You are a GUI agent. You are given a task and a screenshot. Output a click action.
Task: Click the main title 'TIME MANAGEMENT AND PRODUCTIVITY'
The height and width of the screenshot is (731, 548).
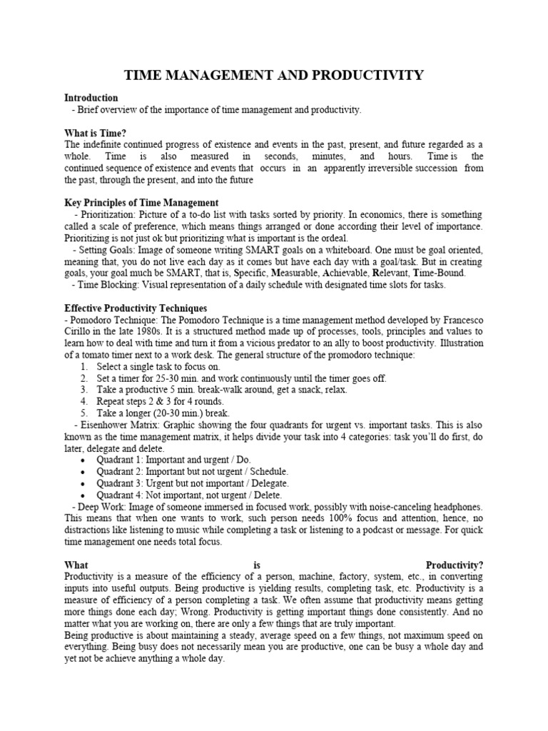pyautogui.click(x=274, y=75)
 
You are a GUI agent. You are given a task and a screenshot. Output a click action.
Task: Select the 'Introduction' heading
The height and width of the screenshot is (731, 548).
pyautogui.click(x=91, y=98)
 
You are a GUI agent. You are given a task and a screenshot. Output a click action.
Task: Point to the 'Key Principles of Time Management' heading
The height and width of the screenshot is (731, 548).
pyautogui.click(x=141, y=203)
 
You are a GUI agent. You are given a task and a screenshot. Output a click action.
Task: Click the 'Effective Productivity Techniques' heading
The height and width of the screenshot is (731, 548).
pyautogui.click(x=135, y=308)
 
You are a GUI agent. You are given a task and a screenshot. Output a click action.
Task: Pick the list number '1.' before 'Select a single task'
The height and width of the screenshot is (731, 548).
pyautogui.click(x=85, y=366)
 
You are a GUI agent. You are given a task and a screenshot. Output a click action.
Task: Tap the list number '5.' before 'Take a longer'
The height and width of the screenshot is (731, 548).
pyautogui.click(x=85, y=413)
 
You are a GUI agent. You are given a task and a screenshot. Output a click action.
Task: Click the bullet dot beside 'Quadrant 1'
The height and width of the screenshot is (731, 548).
pyautogui.click(x=85, y=460)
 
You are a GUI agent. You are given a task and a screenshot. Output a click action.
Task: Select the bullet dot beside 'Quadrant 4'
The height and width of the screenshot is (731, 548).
pyautogui.click(x=85, y=495)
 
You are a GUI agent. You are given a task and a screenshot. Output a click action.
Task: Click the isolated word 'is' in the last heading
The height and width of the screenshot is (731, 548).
pyautogui.click(x=258, y=565)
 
